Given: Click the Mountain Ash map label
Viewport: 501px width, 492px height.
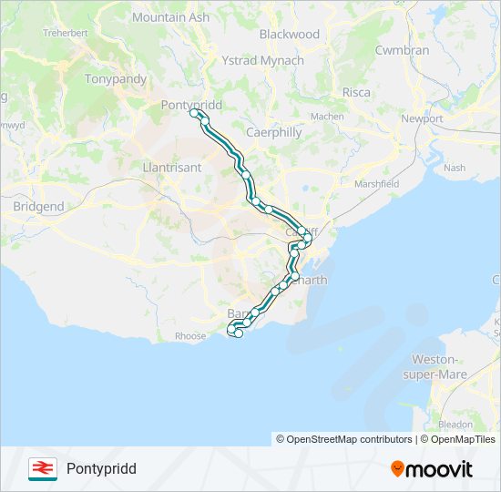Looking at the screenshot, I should (170, 17).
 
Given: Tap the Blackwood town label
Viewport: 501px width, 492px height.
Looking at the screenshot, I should (290, 34).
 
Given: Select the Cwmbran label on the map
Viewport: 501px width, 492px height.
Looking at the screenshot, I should (402, 50).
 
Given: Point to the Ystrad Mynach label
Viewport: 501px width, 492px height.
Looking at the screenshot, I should (263, 60).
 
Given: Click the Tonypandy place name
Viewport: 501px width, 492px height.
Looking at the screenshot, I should (116, 78).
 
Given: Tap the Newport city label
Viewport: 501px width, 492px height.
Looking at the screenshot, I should (422, 118).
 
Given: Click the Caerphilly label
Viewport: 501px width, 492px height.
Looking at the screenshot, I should (274, 132).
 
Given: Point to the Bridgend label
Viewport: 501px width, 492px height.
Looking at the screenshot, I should (39, 207).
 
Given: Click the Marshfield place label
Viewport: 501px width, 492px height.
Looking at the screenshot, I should (377, 183).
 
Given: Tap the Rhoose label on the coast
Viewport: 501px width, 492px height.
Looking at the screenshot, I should (190, 336).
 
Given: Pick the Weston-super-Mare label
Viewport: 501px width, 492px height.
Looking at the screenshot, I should (439, 367).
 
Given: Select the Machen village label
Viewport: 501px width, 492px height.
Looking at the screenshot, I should (327, 117).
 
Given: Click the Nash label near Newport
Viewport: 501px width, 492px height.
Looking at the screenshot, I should (455, 168).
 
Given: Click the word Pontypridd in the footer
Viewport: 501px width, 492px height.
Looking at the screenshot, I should (101, 469).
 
